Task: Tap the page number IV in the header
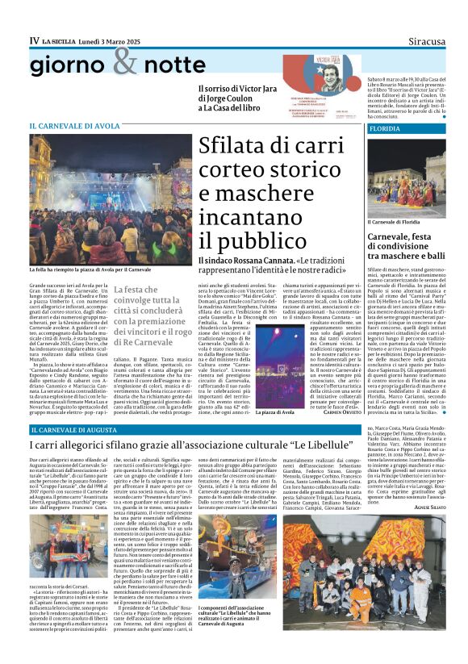tap(34, 40)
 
